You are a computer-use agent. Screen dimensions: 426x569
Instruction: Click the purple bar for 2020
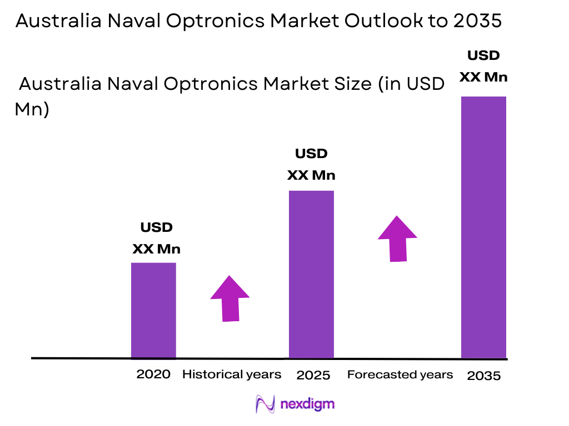click(x=153, y=310)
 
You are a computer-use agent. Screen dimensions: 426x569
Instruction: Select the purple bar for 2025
click(x=311, y=274)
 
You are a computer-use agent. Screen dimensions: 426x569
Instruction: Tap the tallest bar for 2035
click(x=483, y=227)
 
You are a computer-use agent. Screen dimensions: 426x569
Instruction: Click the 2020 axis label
click(x=153, y=374)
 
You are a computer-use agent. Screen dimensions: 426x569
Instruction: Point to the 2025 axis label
click(x=313, y=375)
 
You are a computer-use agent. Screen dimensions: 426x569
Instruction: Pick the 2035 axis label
click(x=483, y=376)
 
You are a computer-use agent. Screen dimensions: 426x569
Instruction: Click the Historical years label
click(x=232, y=374)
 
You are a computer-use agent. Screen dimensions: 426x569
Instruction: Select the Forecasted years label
click(x=400, y=374)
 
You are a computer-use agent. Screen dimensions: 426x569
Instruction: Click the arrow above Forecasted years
click(x=397, y=239)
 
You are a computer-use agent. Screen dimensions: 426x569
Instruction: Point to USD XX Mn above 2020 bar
click(x=156, y=239)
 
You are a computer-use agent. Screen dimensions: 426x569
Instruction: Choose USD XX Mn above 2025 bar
click(x=311, y=164)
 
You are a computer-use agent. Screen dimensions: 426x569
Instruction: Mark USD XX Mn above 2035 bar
click(x=483, y=66)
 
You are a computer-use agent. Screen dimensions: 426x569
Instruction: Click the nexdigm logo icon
click(x=265, y=404)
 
